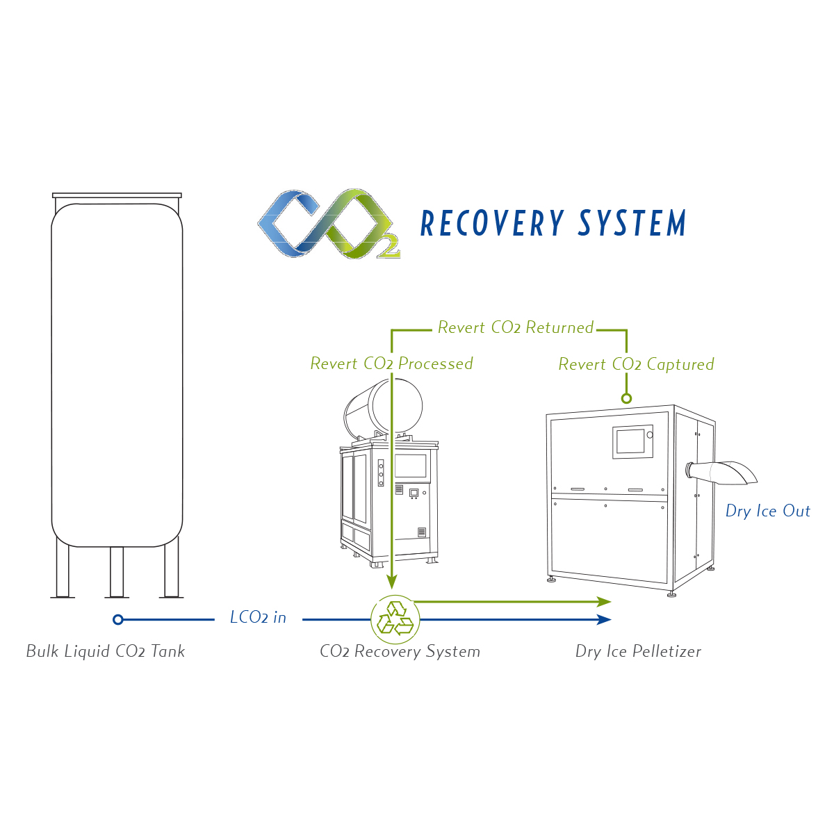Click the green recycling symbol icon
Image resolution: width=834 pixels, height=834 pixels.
click(x=395, y=619)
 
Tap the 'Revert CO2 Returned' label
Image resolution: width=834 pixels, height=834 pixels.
click(x=515, y=327)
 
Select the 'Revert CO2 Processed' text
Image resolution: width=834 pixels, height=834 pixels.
click(x=391, y=363)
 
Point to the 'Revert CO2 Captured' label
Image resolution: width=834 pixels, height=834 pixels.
click(x=636, y=364)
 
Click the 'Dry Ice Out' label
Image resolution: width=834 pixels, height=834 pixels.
click(x=767, y=511)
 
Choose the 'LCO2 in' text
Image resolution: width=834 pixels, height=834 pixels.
click(x=258, y=617)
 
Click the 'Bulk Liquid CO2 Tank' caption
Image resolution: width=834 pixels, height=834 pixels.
click(x=106, y=651)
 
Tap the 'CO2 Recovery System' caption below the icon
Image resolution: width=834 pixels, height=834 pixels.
click(x=400, y=651)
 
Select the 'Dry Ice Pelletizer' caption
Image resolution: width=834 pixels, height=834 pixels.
click(x=638, y=651)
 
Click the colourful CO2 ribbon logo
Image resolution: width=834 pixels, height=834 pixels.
click(x=328, y=224)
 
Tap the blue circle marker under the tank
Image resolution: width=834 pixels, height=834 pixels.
click(x=118, y=619)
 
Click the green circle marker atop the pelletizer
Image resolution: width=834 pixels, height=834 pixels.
click(x=626, y=398)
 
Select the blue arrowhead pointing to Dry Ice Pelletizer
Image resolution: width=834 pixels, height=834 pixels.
click(x=605, y=619)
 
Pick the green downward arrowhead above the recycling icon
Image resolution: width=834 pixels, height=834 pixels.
click(x=392, y=582)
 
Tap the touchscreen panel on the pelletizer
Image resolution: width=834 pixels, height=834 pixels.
click(x=631, y=441)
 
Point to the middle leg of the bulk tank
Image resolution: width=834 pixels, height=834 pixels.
click(x=117, y=571)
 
